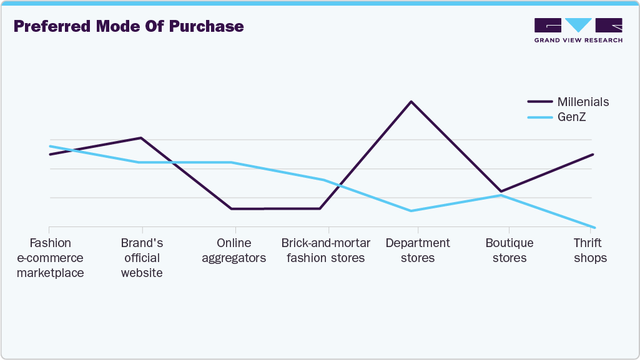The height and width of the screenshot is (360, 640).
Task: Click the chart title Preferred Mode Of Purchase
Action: [129, 27]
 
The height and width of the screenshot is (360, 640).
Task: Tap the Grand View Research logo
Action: [578, 30]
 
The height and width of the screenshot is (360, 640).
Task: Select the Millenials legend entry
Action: [583, 102]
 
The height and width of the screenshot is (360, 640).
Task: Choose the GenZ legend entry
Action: [571, 117]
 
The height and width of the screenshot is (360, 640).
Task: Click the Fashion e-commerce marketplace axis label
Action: [50, 258]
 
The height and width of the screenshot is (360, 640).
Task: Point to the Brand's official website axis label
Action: [142, 258]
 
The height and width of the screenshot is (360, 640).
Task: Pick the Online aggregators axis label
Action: [234, 250]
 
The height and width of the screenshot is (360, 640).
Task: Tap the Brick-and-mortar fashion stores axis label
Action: [326, 250]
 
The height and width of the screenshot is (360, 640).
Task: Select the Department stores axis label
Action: [418, 250]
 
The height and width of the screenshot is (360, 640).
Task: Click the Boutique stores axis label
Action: [510, 250]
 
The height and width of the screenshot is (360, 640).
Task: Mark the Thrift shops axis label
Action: [590, 250]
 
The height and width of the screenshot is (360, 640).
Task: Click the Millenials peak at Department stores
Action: [410, 101]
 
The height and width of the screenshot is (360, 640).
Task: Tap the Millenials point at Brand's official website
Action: [141, 138]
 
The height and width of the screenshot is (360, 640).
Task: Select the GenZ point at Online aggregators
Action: [232, 162]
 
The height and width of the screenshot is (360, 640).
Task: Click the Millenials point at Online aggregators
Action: [232, 208]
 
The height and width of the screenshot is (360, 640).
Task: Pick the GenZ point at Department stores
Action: [410, 211]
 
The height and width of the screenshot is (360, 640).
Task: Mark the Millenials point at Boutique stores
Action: [500, 192]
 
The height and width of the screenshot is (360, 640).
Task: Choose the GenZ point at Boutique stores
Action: [500, 195]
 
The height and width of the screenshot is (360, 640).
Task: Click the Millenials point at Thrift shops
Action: [593, 154]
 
